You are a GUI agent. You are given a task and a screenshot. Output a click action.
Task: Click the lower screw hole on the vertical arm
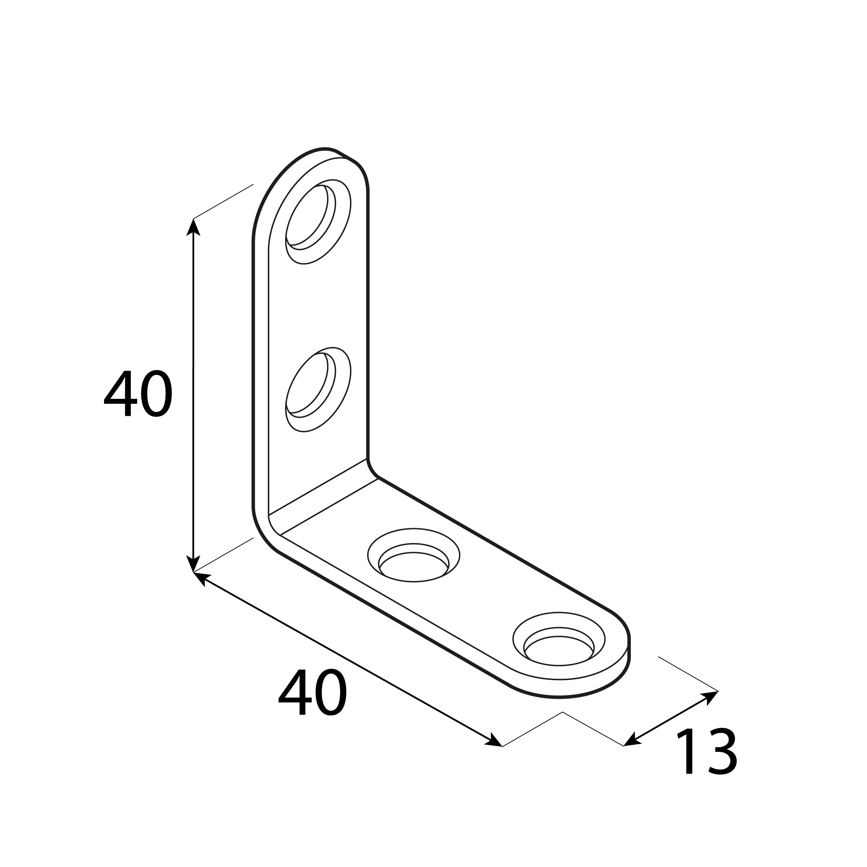pyautogui.click(x=318, y=389)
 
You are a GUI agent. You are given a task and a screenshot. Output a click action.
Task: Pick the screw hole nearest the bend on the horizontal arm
pyautogui.click(x=413, y=555)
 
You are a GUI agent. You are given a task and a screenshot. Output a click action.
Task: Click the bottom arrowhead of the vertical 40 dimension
pyautogui.click(x=194, y=564)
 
